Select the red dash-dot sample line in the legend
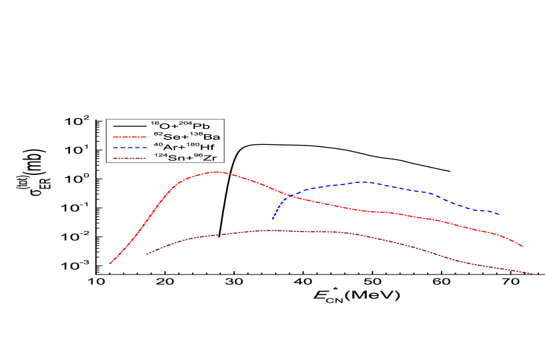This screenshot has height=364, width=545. (x=129, y=136)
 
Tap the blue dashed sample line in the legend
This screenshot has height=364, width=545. (x=129, y=147)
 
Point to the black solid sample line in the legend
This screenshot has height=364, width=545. (x=129, y=126)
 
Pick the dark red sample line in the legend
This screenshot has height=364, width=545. (x=129, y=158)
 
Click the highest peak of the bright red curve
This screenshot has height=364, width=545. (x=217, y=172)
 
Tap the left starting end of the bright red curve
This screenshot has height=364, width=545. (x=110, y=264)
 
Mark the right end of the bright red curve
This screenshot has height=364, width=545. (x=522, y=246)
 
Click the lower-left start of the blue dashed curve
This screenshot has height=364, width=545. (x=272, y=219)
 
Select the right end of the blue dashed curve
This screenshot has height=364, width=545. (x=500, y=214)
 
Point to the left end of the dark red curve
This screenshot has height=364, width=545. (x=146, y=254)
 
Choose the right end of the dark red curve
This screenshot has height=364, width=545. (x=537, y=275)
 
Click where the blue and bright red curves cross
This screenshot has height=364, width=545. (x=286, y=196)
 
